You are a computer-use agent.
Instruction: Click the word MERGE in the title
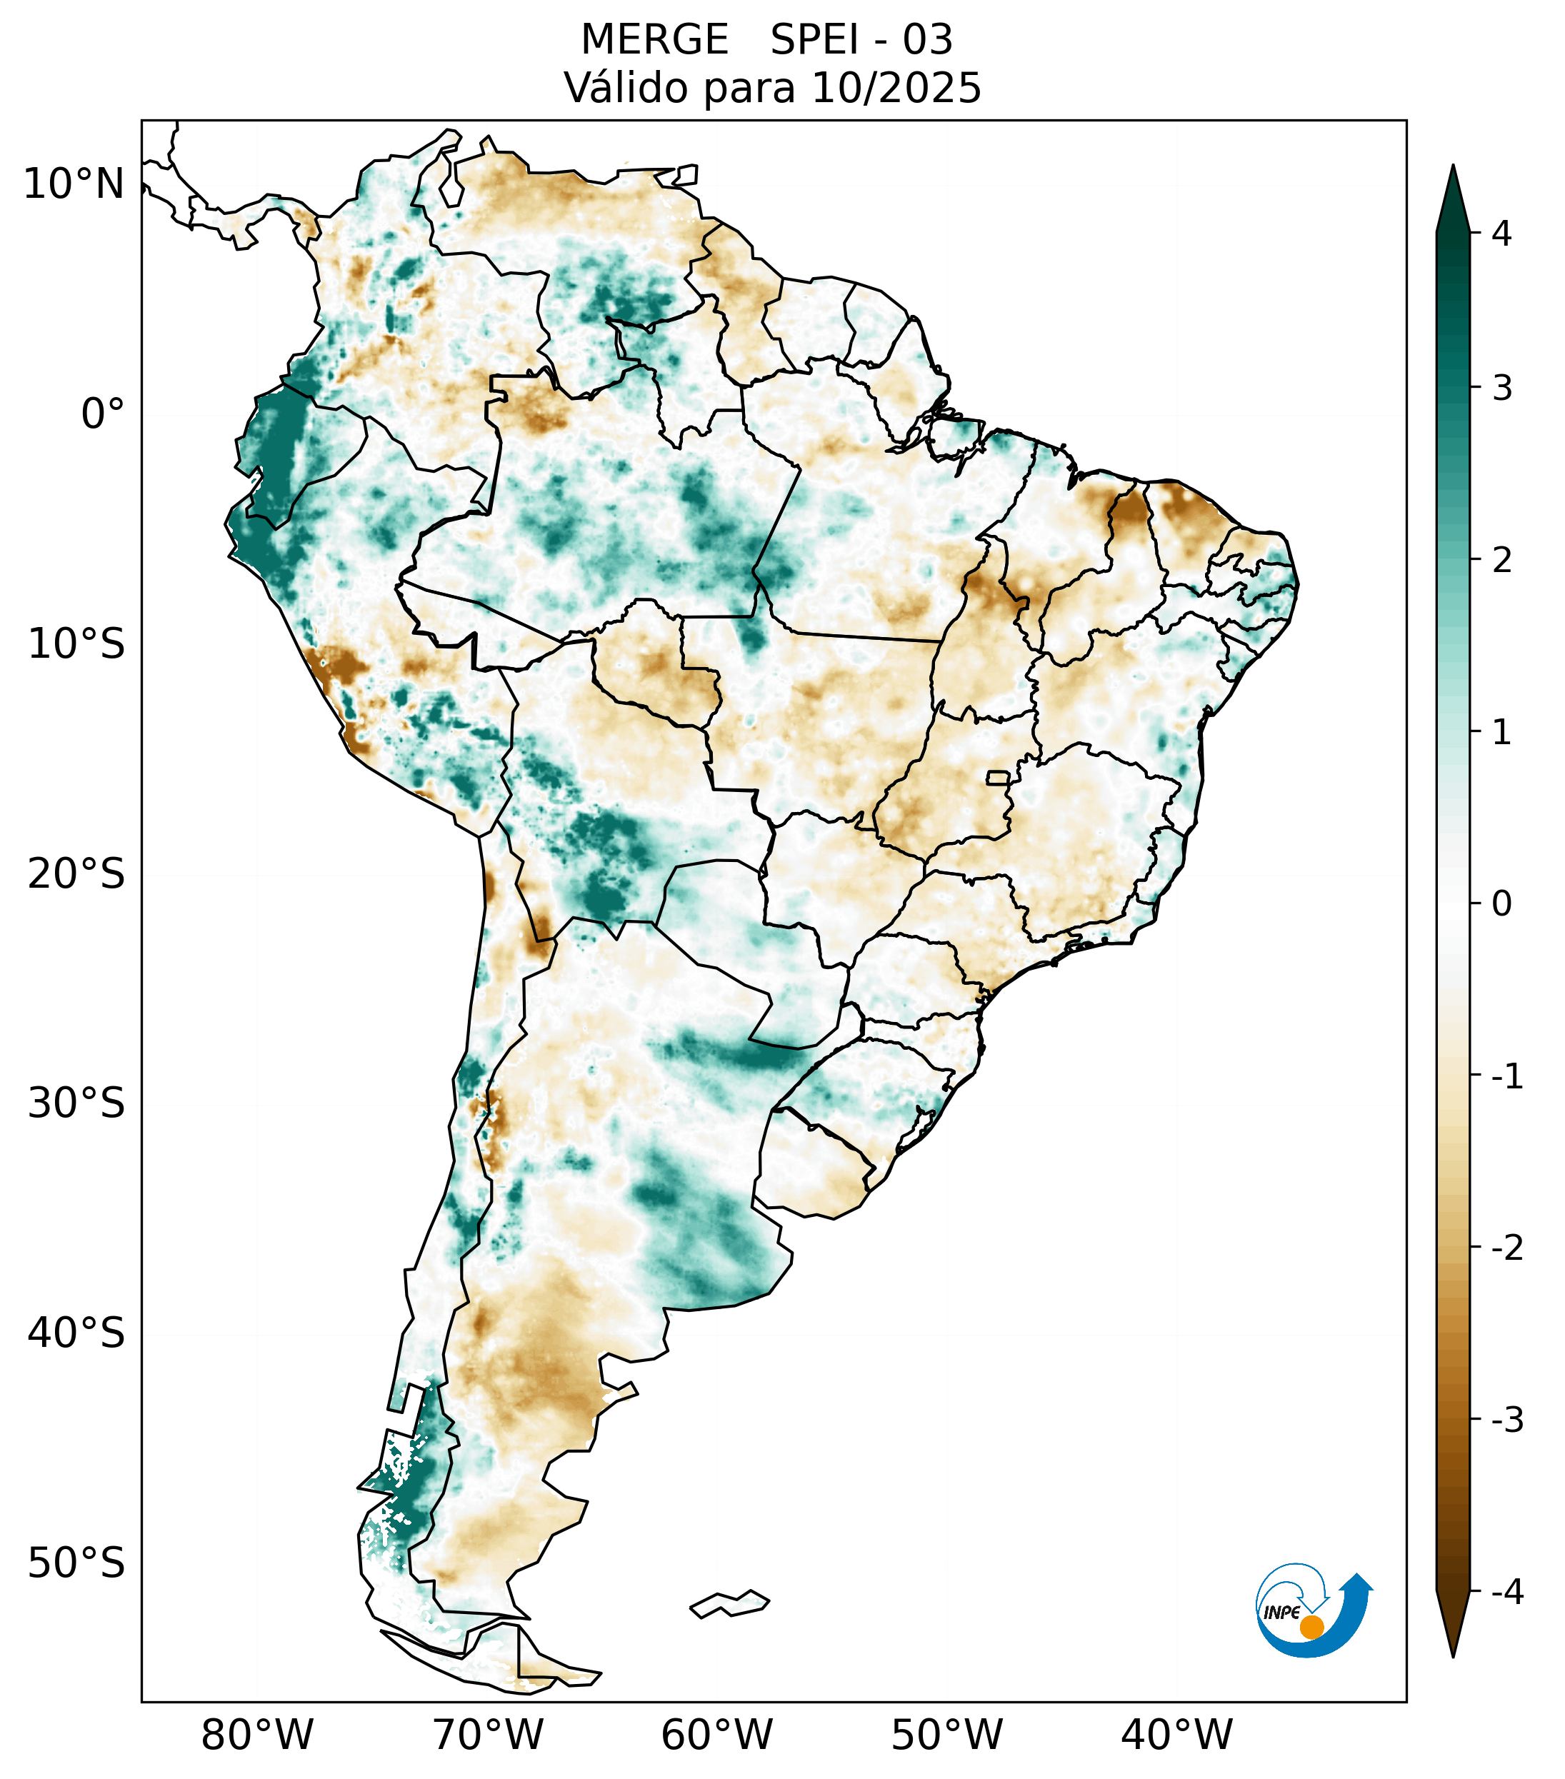(654, 40)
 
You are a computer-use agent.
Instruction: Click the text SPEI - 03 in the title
(861, 40)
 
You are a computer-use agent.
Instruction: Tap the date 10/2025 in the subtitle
(896, 88)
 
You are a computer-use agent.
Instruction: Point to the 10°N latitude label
(74, 184)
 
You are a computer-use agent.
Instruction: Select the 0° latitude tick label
(103, 414)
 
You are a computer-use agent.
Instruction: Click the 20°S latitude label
(76, 874)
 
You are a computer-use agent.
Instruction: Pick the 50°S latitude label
(76, 1564)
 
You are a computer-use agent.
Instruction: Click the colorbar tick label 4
(1501, 234)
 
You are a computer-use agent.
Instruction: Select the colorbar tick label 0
(1501, 904)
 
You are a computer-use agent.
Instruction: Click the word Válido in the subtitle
(626, 88)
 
